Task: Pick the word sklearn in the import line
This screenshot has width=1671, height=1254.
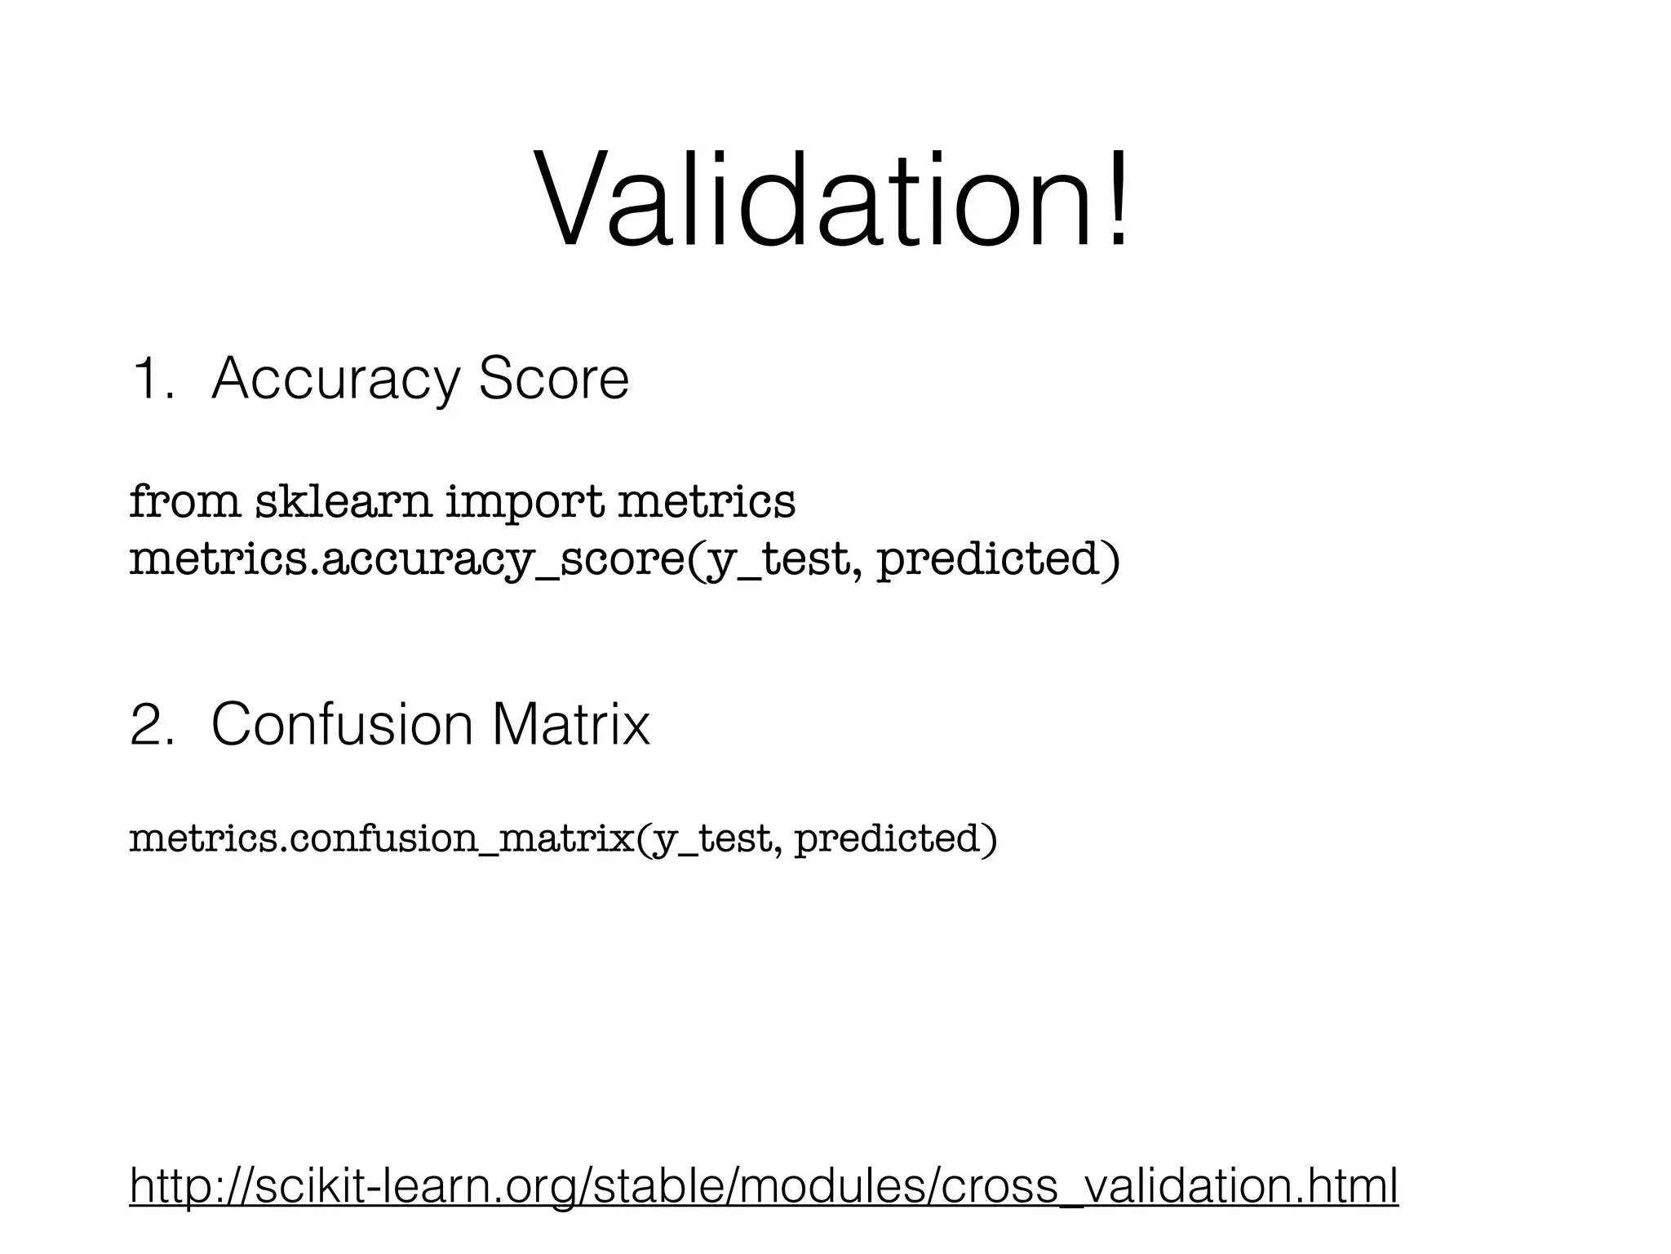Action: click(x=343, y=500)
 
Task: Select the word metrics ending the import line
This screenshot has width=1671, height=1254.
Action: click(x=706, y=500)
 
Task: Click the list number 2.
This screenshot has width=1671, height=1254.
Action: click(x=152, y=724)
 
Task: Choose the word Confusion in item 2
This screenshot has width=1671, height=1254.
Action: click(x=342, y=724)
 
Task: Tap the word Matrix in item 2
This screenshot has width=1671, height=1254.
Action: click(x=571, y=724)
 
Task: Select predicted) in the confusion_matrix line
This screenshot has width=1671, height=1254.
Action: click(x=895, y=838)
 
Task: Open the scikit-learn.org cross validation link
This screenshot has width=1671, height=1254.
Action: click(x=764, y=1185)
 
